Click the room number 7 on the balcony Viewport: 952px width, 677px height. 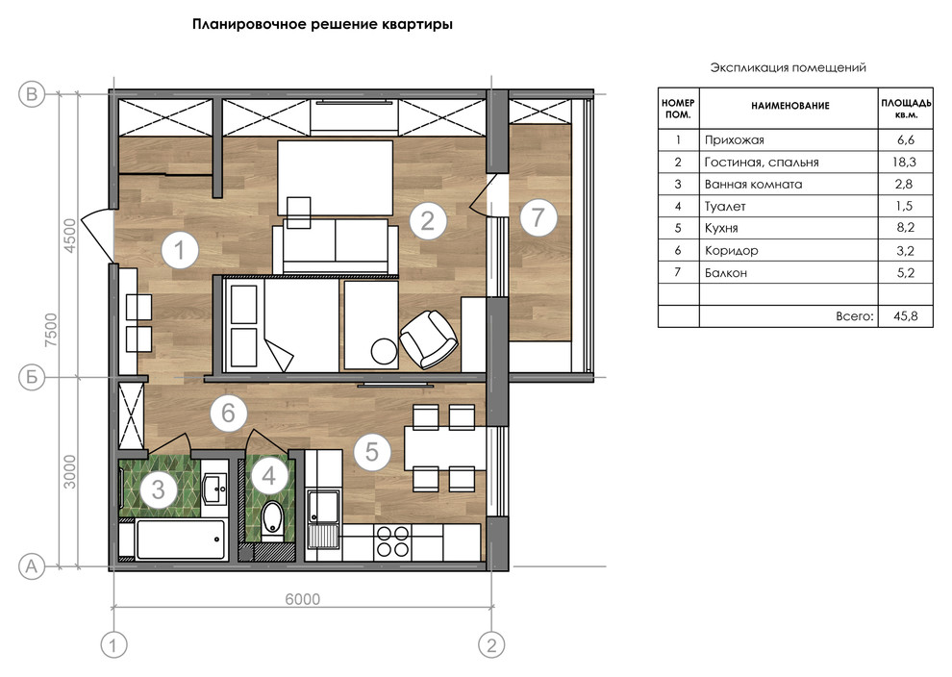(538, 217)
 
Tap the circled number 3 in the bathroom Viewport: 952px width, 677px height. (158, 489)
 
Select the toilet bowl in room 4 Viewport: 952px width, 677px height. (271, 520)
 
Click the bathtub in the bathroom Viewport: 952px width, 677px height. (181, 539)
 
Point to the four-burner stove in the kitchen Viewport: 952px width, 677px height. (393, 541)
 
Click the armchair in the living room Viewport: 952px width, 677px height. (429, 339)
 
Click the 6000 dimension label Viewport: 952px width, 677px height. (302, 599)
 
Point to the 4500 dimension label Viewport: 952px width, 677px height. (70, 236)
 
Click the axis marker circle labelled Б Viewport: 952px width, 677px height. (32, 377)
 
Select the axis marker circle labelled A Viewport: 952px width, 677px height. (32, 566)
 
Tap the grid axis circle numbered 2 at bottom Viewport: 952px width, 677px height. (491, 645)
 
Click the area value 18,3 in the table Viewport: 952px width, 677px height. (905, 163)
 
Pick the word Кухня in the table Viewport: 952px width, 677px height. (721, 228)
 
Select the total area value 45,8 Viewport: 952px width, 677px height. (905, 316)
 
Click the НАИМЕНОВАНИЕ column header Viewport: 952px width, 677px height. (789, 106)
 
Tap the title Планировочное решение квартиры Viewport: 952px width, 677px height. (322, 25)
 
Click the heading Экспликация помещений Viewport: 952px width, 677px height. (789, 67)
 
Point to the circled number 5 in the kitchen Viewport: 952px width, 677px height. (371, 451)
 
